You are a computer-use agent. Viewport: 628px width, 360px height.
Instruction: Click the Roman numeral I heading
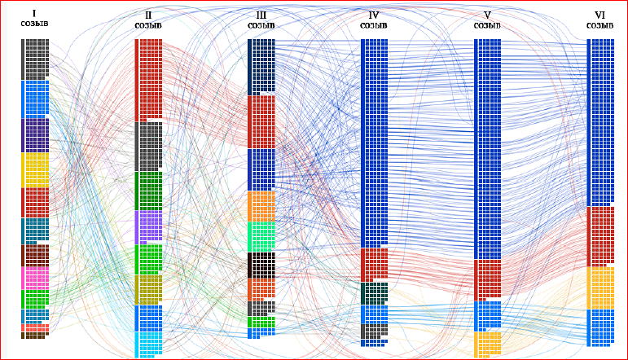[34, 14]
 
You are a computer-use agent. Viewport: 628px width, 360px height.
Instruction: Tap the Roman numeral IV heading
[374, 15]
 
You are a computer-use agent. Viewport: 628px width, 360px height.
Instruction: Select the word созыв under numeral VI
[600, 25]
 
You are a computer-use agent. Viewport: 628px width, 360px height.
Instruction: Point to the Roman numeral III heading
[261, 15]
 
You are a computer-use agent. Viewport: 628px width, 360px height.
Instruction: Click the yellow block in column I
[35, 170]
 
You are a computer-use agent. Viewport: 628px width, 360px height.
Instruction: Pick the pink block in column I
[35, 279]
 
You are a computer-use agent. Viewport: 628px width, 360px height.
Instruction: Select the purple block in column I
[35, 135]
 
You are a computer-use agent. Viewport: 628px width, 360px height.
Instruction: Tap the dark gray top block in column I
[35, 59]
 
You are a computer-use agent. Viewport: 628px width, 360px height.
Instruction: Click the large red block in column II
[148, 80]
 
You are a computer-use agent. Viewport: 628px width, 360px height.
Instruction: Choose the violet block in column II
[148, 227]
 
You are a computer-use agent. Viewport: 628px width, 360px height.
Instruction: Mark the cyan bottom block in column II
[148, 345]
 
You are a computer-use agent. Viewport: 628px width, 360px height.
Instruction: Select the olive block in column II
[148, 290]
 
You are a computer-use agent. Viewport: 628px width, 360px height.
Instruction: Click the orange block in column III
[261, 207]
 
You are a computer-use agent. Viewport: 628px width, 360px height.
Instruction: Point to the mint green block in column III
[261, 237]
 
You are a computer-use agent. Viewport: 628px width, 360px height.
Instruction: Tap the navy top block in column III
[261, 67]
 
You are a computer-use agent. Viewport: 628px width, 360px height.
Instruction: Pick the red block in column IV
[375, 265]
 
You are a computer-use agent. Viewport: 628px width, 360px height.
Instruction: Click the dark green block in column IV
[375, 293]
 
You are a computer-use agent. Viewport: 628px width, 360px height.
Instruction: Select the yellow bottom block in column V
[487, 345]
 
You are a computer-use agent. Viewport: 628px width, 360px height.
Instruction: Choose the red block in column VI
[600, 237]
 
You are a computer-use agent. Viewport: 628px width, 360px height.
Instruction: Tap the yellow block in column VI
[600, 288]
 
